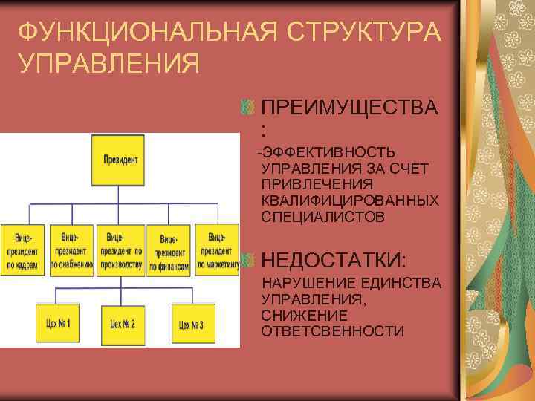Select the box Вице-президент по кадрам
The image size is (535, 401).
[24, 250]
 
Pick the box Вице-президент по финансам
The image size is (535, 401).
[169, 250]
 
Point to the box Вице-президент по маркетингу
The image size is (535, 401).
[218, 250]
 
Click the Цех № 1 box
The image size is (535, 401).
[57, 324]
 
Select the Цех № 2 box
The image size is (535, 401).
[122, 324]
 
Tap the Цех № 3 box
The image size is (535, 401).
[191, 324]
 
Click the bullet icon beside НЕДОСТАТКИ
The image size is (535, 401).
[248, 259]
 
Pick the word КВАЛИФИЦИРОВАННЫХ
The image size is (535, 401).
[349, 201]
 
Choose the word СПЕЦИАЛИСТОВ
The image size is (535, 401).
[323, 217]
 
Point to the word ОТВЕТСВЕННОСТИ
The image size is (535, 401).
[332, 331]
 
